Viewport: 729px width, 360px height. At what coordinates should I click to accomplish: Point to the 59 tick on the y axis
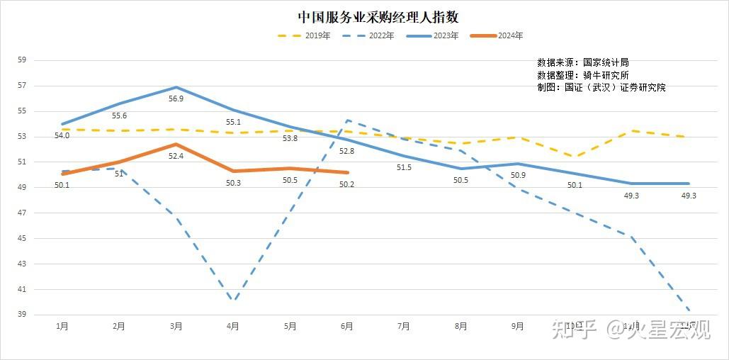click(21, 60)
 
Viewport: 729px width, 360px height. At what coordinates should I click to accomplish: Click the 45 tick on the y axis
click(21, 239)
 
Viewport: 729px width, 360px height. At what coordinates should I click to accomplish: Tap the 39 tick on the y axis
click(21, 315)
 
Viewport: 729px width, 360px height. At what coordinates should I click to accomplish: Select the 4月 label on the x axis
click(232, 327)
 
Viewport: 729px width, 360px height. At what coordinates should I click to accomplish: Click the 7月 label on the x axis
click(404, 327)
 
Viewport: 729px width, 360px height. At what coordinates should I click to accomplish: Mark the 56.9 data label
click(176, 99)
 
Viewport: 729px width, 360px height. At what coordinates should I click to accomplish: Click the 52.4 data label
click(176, 156)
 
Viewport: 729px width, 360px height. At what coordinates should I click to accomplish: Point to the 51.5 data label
click(404, 167)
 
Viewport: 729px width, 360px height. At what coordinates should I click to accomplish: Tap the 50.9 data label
click(518, 175)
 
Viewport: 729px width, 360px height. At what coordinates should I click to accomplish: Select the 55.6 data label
click(119, 116)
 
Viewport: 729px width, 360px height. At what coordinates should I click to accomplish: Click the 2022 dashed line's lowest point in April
click(233, 301)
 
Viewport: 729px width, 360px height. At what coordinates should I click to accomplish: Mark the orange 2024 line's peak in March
click(176, 144)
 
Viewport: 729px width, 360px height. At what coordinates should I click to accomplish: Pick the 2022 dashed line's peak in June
click(347, 120)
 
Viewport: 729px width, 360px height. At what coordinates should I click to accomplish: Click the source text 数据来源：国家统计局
click(583, 62)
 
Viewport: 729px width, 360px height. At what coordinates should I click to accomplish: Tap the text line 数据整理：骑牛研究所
click(583, 75)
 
